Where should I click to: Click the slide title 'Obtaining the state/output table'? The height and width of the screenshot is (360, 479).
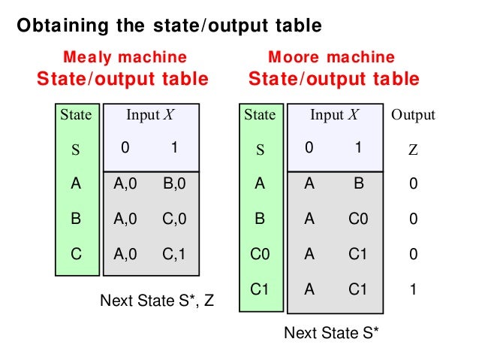pyautogui.click(x=169, y=26)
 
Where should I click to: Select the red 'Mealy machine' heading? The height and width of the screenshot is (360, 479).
pyautogui.click(x=125, y=58)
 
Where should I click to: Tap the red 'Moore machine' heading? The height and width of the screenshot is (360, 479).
pyautogui.click(x=331, y=58)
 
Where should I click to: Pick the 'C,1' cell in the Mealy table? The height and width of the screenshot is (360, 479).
pyautogui.click(x=174, y=255)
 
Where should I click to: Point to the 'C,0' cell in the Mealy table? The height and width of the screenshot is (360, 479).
pyautogui.click(x=174, y=219)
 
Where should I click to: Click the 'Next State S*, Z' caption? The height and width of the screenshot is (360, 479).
pyautogui.click(x=157, y=301)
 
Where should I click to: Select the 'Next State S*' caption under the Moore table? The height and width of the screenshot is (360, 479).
pyautogui.click(x=331, y=331)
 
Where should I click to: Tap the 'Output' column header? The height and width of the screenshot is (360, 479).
pyautogui.click(x=413, y=115)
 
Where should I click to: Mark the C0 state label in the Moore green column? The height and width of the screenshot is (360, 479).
pyautogui.click(x=260, y=255)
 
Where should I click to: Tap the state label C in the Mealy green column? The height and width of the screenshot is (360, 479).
pyautogui.click(x=76, y=255)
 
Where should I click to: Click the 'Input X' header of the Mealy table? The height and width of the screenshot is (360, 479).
pyautogui.click(x=150, y=115)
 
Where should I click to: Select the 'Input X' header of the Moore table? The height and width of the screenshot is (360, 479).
pyautogui.click(x=335, y=115)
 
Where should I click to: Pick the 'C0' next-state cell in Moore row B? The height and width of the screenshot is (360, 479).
pyautogui.click(x=358, y=219)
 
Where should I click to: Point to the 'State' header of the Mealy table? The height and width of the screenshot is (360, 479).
pyautogui.click(x=75, y=115)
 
